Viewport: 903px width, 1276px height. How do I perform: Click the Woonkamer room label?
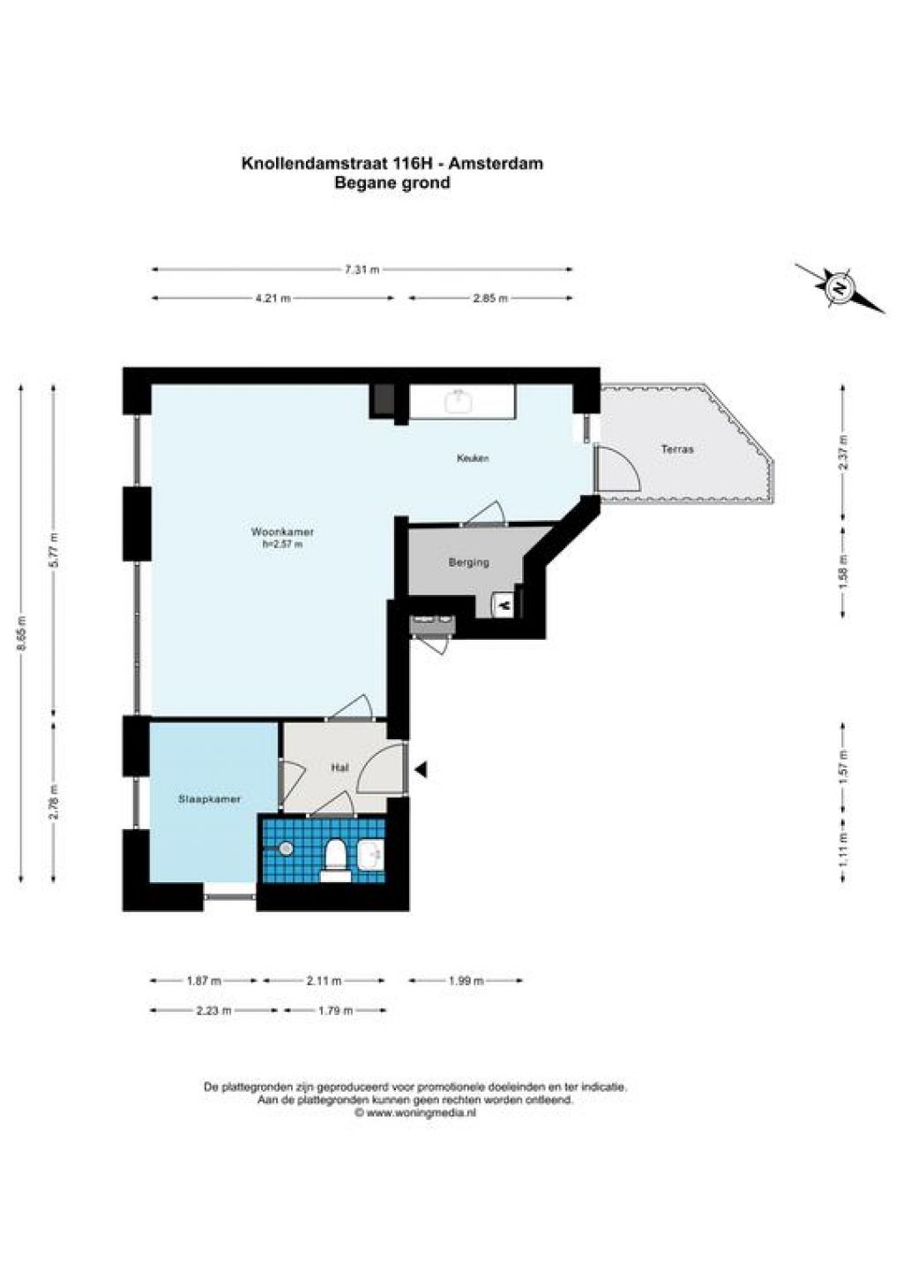coord(282,532)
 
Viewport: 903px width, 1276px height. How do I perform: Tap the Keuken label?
coord(473,458)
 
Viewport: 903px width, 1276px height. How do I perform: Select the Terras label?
coord(677,449)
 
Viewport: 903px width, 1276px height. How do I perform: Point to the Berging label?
coord(468,563)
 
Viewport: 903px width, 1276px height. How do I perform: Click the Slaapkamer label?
coord(209,799)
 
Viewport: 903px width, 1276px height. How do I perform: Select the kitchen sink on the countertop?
coord(459,402)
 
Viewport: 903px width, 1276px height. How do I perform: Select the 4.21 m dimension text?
coord(273,298)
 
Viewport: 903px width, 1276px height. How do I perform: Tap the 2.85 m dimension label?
coord(490,298)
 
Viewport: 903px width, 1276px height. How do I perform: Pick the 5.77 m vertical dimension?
coord(54,549)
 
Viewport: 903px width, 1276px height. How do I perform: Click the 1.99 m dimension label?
coord(466,981)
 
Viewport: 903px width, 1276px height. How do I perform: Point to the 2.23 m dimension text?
coord(213,1011)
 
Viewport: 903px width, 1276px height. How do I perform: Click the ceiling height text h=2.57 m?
coord(281,544)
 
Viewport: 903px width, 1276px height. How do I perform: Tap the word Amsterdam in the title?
coord(496,164)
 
